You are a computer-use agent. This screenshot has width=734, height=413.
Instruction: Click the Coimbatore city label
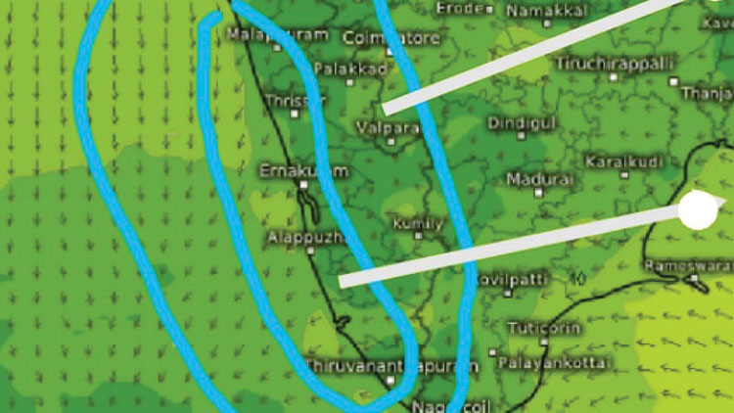click(391, 38)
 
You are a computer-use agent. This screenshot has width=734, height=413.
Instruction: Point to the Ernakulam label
click(303, 171)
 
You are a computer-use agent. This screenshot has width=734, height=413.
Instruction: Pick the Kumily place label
click(418, 224)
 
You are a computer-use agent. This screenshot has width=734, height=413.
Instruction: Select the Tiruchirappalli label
click(616, 63)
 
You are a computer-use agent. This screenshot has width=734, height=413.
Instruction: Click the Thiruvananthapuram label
click(391, 366)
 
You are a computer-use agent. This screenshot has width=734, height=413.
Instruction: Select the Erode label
click(460, 8)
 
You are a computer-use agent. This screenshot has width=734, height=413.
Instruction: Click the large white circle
click(698, 210)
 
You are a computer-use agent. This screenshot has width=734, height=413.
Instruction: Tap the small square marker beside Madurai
click(538, 194)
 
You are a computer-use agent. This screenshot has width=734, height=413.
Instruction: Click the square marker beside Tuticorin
click(544, 342)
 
